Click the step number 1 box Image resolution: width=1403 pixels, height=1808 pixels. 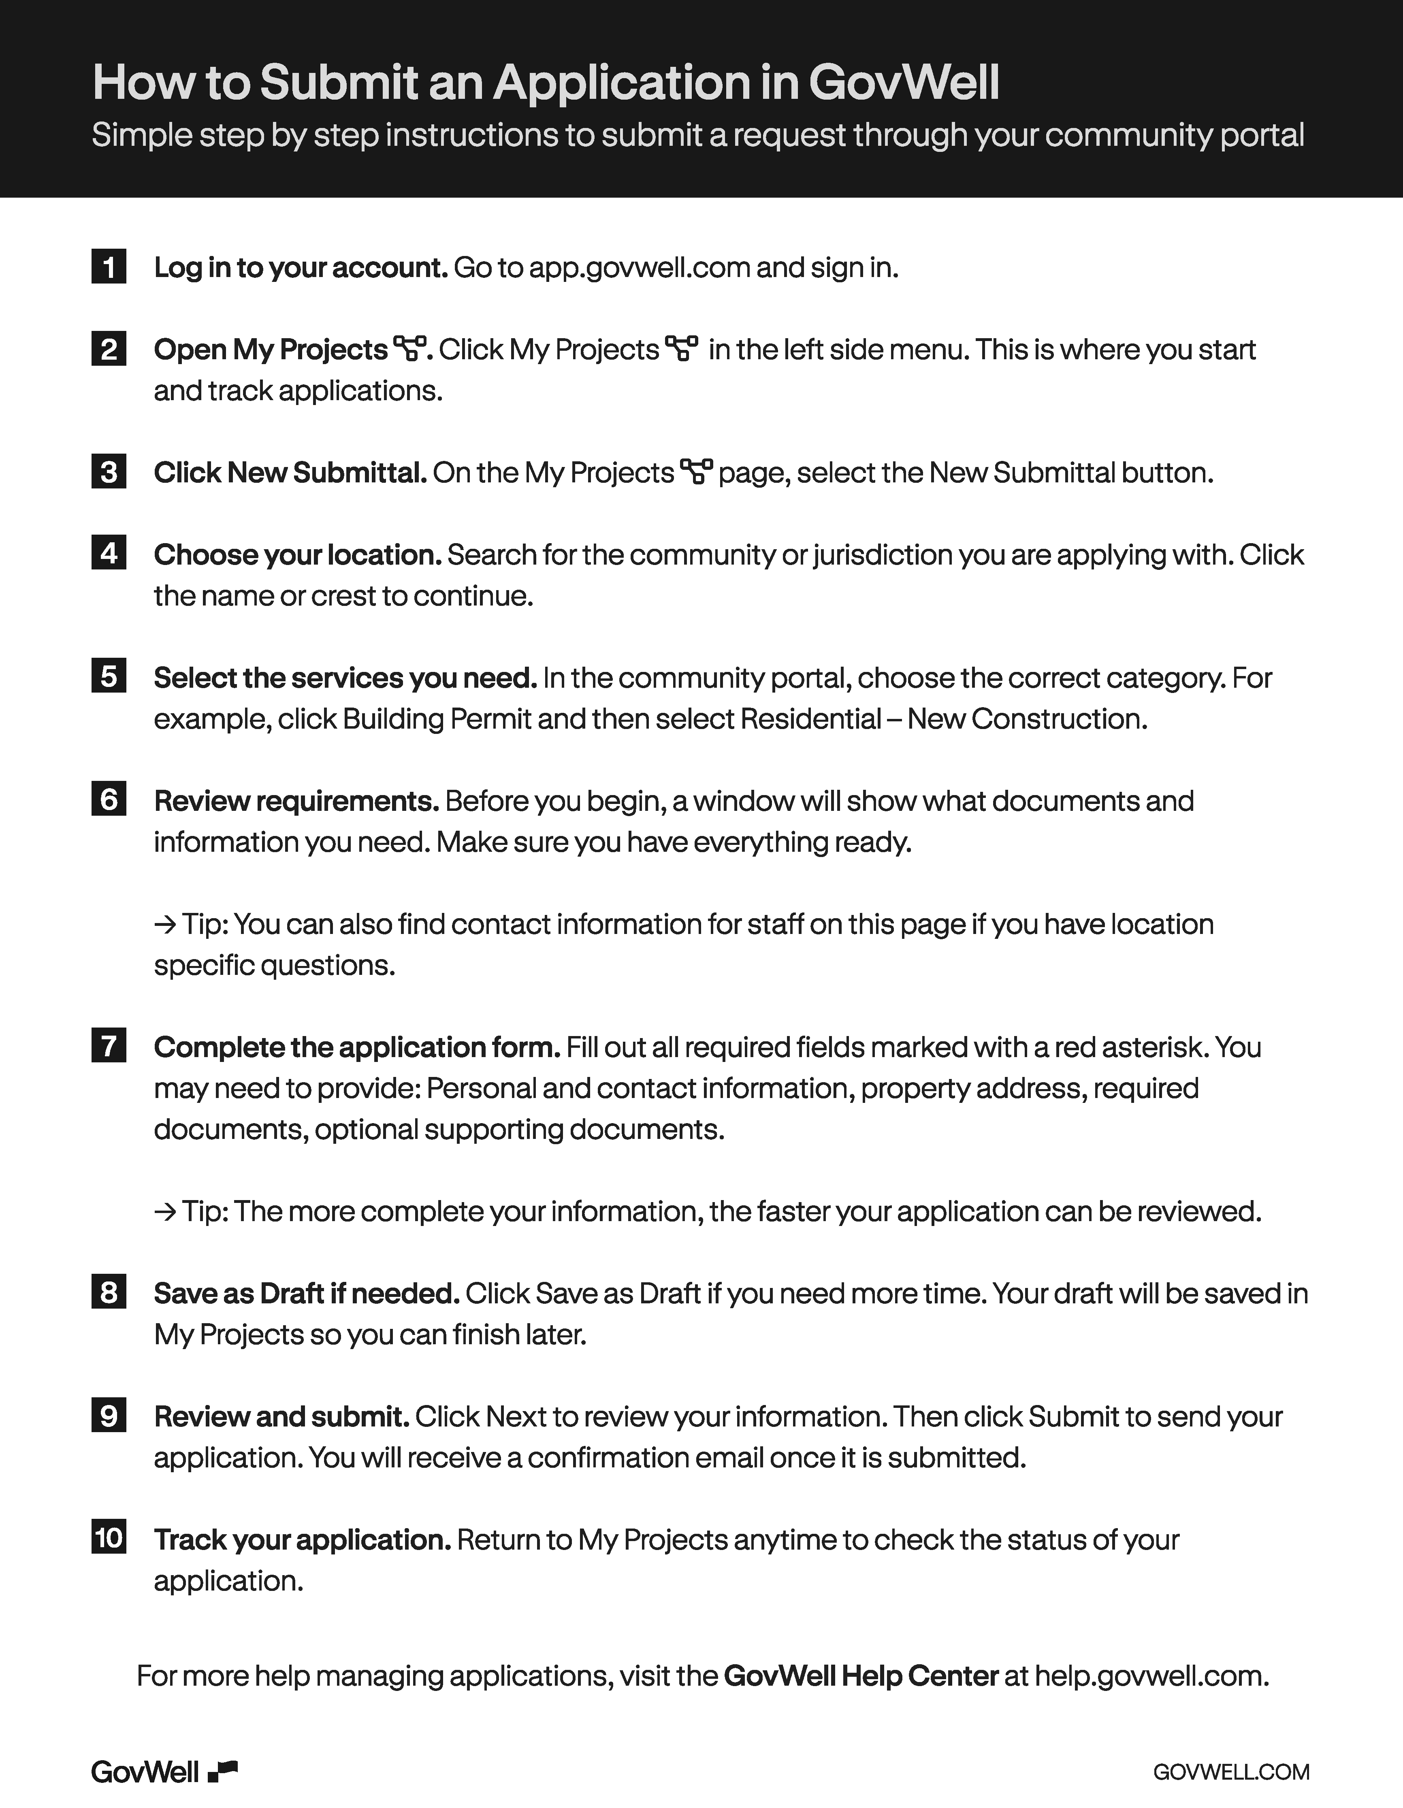[109, 267]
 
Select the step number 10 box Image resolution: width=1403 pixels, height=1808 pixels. [109, 1538]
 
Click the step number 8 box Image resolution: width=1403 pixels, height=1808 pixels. [109, 1292]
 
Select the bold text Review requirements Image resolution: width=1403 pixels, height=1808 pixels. [296, 801]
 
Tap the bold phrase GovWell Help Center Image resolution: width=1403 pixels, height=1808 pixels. [861, 1676]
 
